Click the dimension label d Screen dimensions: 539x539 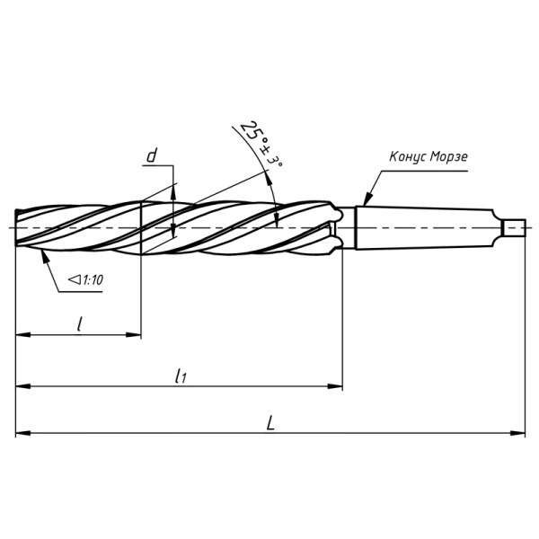152,156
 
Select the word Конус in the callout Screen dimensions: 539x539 407,157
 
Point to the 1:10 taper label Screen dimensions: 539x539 92,281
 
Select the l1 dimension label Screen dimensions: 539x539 181,376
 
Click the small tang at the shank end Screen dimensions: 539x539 515,226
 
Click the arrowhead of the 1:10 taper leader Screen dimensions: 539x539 41,254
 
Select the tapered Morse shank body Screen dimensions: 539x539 422,226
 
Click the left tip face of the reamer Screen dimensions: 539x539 17,226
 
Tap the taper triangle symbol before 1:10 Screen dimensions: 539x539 74,281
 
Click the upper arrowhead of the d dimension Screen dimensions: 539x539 173,191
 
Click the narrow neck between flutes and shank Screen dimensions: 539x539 349,226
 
